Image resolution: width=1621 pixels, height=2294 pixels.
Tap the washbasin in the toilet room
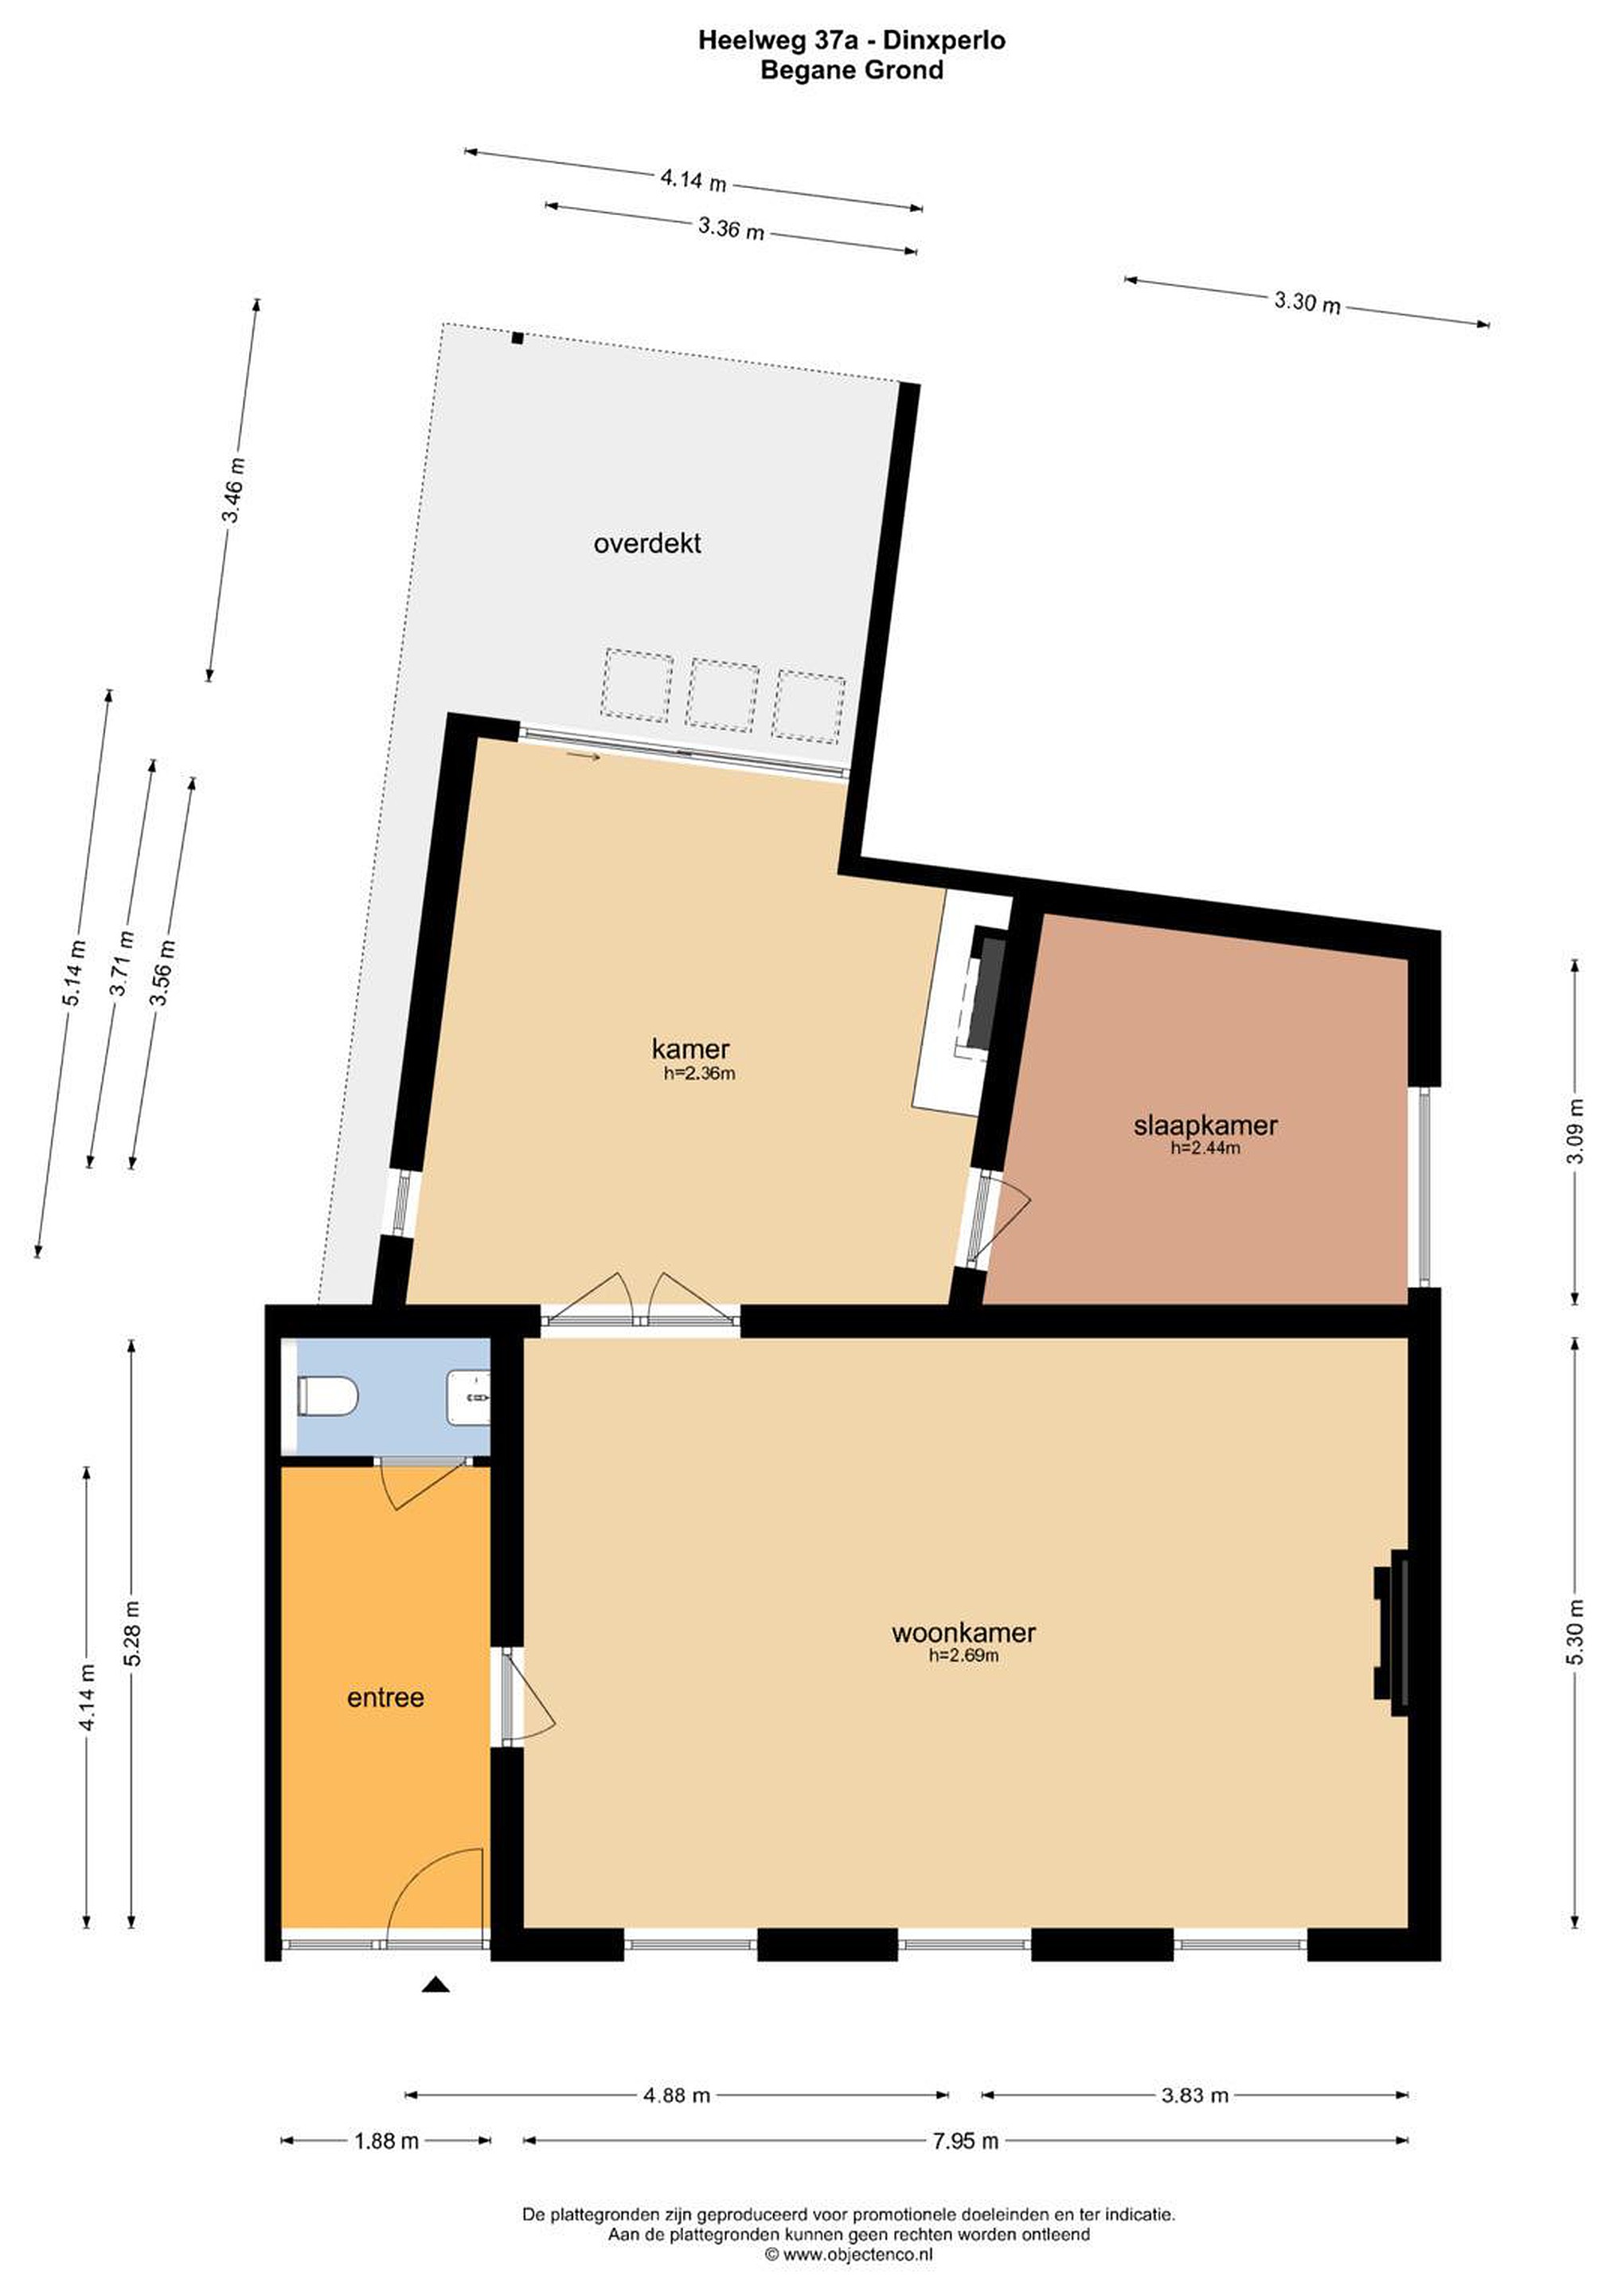(x=470, y=1397)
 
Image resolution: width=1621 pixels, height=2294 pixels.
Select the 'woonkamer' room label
(x=964, y=1633)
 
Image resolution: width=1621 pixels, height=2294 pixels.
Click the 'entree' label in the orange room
(x=385, y=1697)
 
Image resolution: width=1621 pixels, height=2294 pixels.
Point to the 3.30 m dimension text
(x=1307, y=301)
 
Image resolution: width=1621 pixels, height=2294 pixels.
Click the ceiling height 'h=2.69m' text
(x=964, y=1655)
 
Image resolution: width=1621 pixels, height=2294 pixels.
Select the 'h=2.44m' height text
(x=1205, y=1148)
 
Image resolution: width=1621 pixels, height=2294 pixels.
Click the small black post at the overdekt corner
(x=518, y=338)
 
